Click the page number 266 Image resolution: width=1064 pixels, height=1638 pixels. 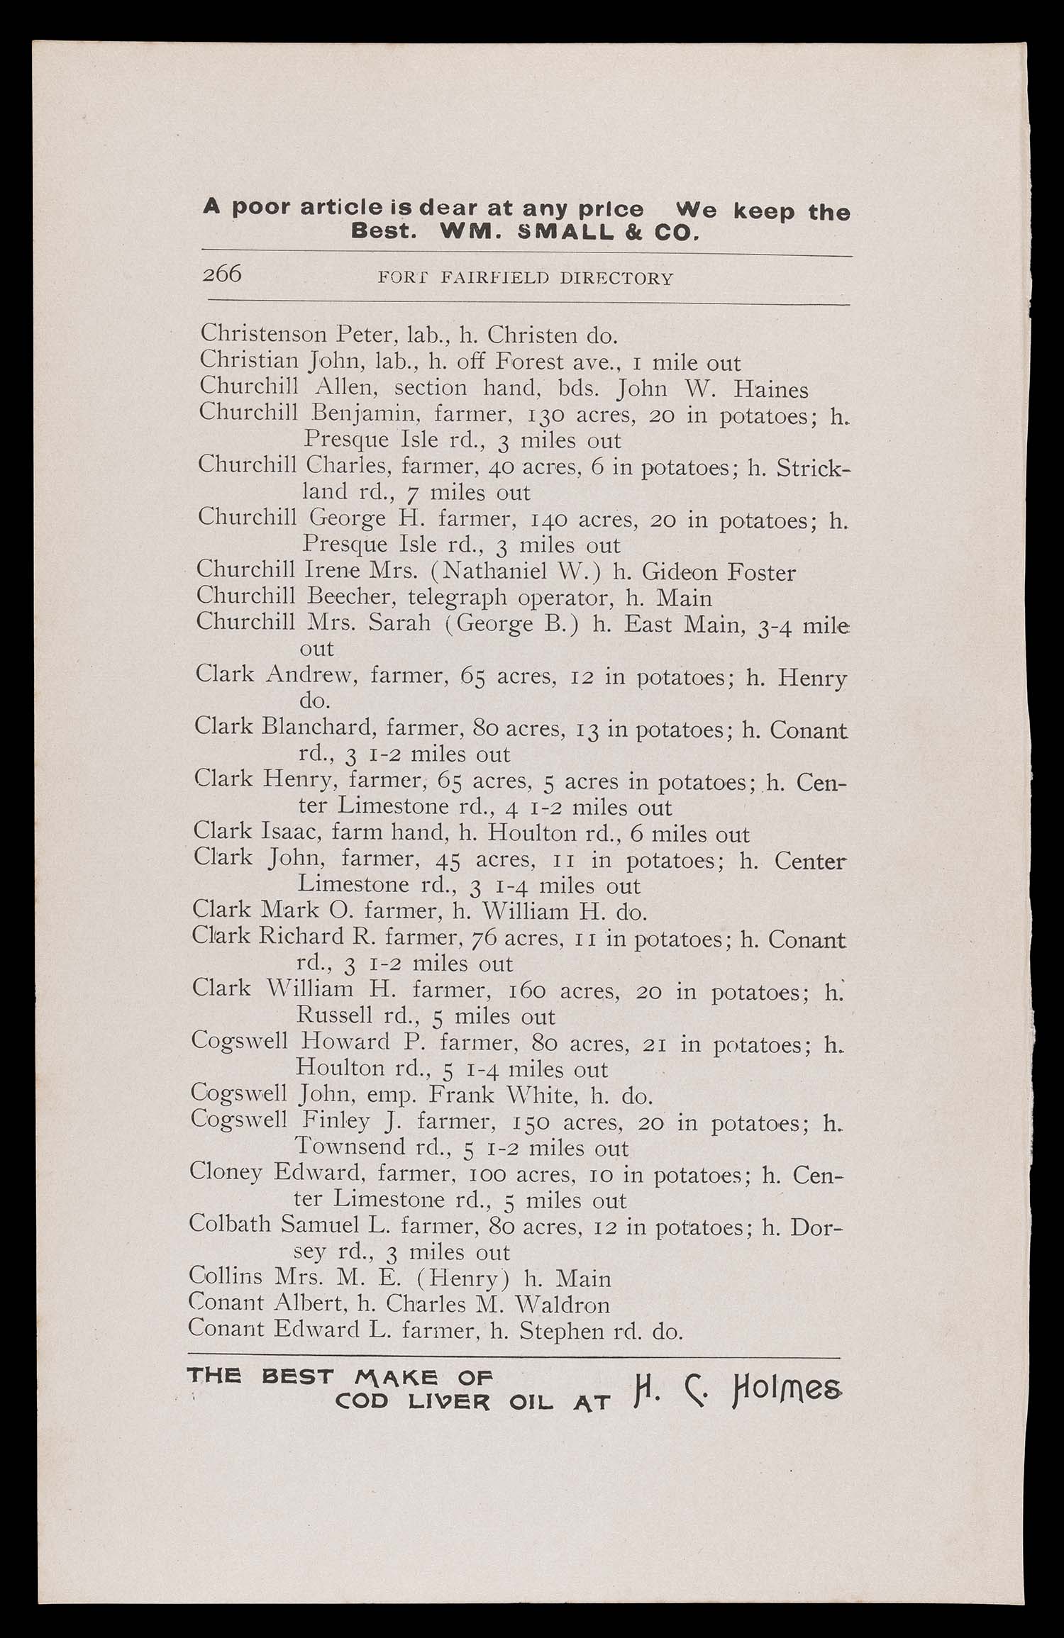(222, 273)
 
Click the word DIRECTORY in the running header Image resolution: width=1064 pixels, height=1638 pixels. (616, 279)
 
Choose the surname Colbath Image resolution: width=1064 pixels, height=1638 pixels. (230, 1225)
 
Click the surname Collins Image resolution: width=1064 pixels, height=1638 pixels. (225, 1276)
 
